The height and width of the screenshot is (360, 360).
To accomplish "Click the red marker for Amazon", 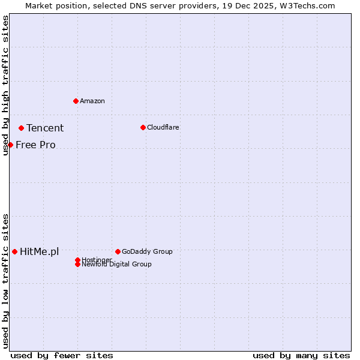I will point(76,101).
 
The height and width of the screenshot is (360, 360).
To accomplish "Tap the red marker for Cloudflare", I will point(143,127).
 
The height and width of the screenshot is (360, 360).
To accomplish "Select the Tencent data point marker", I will point(21,128).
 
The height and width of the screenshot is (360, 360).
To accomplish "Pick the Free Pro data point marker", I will point(10,145).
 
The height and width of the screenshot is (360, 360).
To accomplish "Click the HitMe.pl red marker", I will point(14,251).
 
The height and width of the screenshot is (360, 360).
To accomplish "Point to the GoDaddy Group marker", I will point(118,251).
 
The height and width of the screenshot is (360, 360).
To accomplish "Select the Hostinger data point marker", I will point(77,260).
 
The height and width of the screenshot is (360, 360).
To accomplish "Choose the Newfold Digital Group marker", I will point(77,264).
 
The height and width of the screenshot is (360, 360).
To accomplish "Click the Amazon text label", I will point(92,101).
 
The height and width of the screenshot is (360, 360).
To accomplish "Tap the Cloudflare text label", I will point(163,127).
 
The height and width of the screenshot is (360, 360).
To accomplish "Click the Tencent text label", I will point(45,128).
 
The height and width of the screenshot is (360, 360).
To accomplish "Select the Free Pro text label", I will point(35,145).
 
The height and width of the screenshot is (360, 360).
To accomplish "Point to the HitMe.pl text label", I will point(40,251).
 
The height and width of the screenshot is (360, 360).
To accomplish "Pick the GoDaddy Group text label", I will point(147,251).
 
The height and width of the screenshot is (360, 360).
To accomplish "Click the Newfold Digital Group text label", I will point(117,264).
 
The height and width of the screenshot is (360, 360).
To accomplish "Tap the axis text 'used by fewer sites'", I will point(62,355).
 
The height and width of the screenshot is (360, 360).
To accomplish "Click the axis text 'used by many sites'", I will point(301,355).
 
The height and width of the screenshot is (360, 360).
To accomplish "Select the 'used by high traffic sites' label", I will point(5,85).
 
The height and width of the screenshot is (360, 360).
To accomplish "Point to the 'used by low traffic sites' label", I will point(5,280).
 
